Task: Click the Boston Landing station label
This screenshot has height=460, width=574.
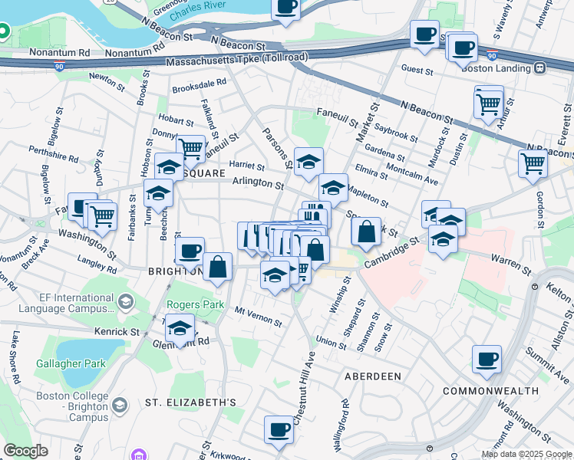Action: [x=496, y=68]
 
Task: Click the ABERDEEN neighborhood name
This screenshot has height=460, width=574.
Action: [x=372, y=376]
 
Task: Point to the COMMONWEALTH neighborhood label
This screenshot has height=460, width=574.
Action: [x=490, y=391]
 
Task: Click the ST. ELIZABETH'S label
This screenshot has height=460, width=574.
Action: [x=190, y=402]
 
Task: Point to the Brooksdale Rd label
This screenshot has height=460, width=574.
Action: [x=200, y=83]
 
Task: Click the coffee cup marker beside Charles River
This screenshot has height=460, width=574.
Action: [x=285, y=8]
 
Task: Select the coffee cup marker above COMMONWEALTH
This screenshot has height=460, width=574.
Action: [x=487, y=359]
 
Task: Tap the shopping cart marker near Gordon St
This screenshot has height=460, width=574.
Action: [x=533, y=163]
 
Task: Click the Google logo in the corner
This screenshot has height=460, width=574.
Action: [x=25, y=450]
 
